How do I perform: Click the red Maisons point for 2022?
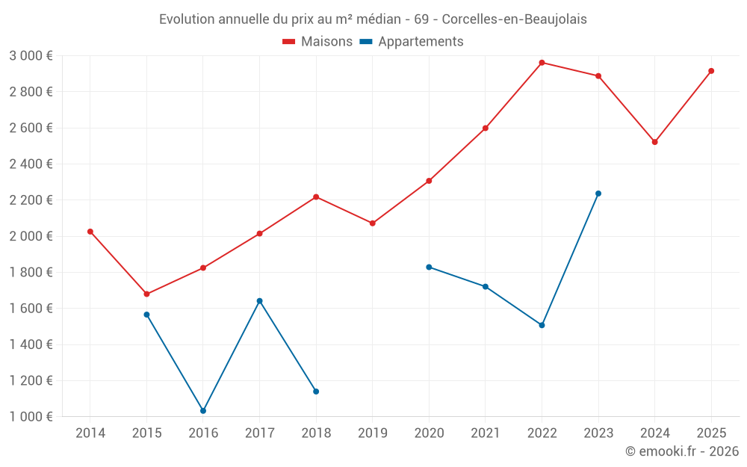[x=542, y=63]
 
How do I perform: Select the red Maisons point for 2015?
[x=146, y=294]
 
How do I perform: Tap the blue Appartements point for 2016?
[x=203, y=411]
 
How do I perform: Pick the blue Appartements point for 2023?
[x=598, y=194]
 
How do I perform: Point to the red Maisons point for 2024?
[x=655, y=142]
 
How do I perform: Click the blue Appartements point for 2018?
[x=316, y=392]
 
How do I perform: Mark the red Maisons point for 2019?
[x=373, y=223]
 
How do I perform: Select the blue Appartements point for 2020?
[x=429, y=267]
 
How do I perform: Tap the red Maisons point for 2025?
[x=711, y=71]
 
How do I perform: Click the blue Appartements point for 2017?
[x=259, y=301]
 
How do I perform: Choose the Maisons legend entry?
[x=317, y=42]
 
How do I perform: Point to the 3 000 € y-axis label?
[x=31, y=56]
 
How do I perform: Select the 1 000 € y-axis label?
[x=31, y=417]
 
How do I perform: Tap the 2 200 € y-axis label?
[x=31, y=200]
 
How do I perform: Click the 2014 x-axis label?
[x=90, y=433]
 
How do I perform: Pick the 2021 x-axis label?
[x=486, y=433]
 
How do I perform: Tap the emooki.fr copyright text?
[x=682, y=451]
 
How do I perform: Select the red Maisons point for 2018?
[x=316, y=197]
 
